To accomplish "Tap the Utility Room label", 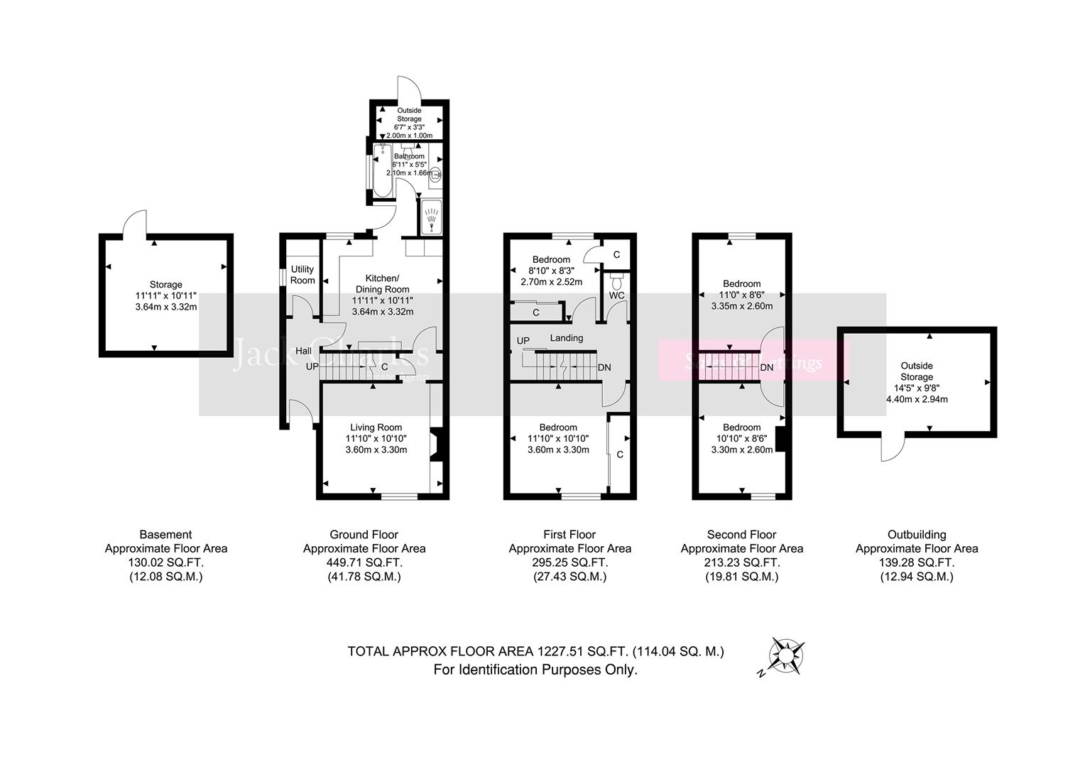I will [302, 275].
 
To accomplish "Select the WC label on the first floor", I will [616, 295].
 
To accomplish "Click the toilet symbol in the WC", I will [616, 276].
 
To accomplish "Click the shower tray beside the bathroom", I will [431, 217].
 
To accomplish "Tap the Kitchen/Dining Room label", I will [382, 283].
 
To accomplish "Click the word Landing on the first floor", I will [566, 338].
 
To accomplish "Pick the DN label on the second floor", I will [767, 367].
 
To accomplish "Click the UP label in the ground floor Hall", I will [312, 366].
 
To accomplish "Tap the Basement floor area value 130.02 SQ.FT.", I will [165, 562].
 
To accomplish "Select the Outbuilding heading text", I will [916, 535].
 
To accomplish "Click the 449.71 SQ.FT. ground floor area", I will [364, 562].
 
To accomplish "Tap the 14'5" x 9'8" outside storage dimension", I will [916, 388].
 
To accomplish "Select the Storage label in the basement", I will [165, 285].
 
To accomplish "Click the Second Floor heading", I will [741, 535].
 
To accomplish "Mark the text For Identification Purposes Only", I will [535, 670].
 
